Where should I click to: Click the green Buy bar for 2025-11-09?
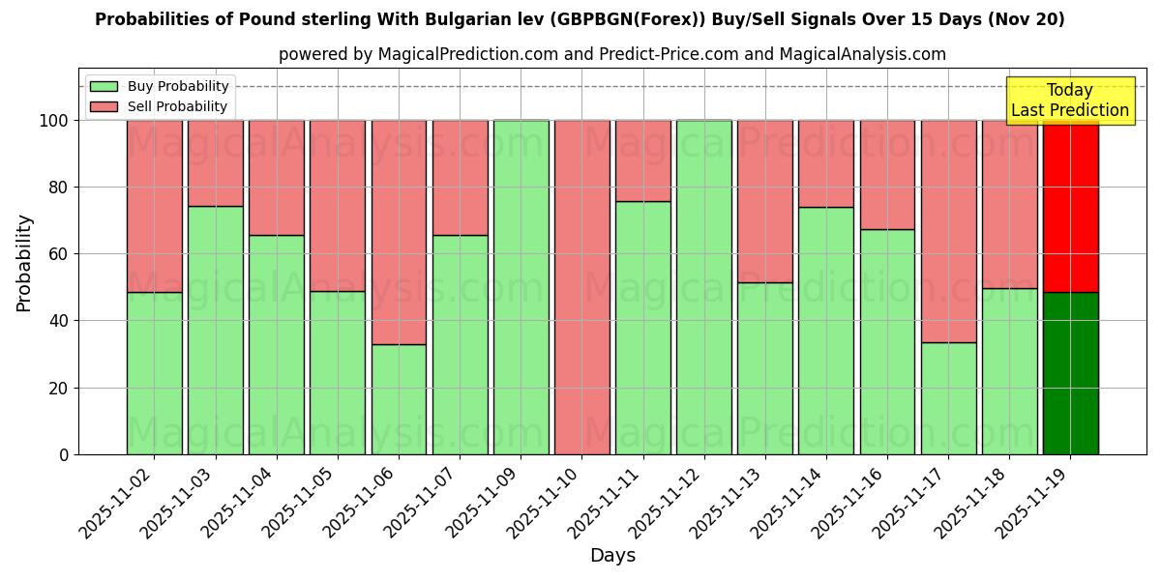tap(521, 287)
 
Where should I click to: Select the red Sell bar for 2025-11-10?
tap(581, 287)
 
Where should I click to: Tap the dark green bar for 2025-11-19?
tap(1070, 373)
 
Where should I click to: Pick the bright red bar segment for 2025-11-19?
tap(1070, 206)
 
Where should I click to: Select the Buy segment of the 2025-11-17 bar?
tap(948, 398)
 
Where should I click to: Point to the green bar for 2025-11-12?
tap(703, 287)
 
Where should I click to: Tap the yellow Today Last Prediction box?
tap(1069, 101)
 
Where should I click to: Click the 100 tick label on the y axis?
tap(54, 121)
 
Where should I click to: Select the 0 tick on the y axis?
tap(64, 454)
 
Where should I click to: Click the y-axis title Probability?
tap(24, 263)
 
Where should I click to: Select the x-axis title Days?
tap(612, 556)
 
